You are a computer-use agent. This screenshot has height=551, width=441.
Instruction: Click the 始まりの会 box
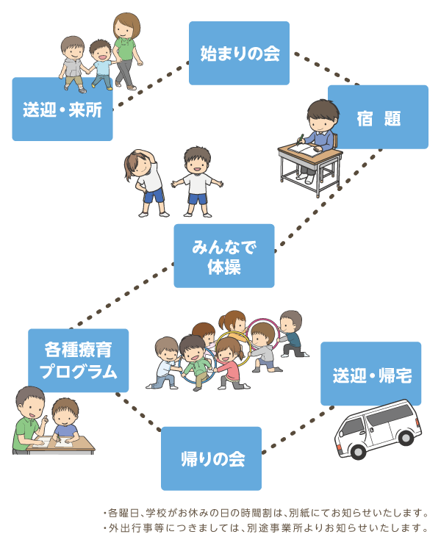tap(239, 53)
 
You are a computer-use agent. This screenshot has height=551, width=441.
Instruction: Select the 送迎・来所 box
tap(62, 109)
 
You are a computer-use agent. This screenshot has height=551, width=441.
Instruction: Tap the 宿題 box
tap(378, 117)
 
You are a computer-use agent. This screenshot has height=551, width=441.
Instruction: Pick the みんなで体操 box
tap(223, 256)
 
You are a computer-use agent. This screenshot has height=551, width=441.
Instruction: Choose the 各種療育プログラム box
tap(79, 360)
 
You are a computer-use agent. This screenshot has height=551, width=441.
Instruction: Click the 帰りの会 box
tap(211, 458)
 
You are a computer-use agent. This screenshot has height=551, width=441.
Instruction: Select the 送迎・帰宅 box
tap(371, 374)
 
